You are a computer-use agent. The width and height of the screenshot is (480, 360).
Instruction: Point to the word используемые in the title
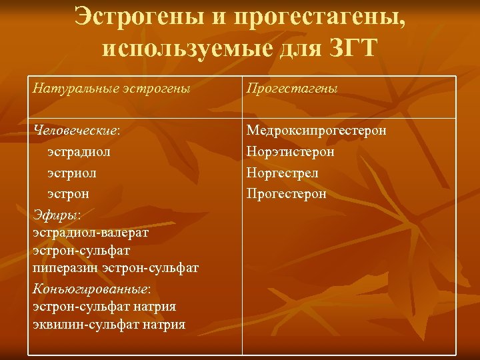pyautogui.click(x=173, y=48)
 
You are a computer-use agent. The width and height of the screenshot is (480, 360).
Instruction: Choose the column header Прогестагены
pyautogui.click(x=292, y=88)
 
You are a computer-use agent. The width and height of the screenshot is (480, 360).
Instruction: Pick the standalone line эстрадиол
pyautogui.click(x=79, y=152)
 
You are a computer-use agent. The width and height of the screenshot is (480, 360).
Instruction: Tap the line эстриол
pyautogui.click(x=72, y=173)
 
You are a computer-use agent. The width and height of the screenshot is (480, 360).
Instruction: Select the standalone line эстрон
pyautogui.click(x=69, y=194)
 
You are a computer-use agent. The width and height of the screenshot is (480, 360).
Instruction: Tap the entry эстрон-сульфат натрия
pyautogui.click(x=104, y=307)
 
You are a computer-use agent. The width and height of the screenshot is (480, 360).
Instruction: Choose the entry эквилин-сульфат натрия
pyautogui.click(x=109, y=325)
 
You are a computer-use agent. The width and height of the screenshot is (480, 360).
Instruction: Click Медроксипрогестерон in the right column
pyautogui.click(x=316, y=131)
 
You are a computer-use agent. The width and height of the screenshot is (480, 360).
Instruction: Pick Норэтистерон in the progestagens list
pyautogui.click(x=291, y=152)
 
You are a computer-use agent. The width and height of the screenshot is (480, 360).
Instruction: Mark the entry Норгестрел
pyautogui.click(x=283, y=173)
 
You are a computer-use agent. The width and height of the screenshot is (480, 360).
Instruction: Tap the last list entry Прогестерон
pyautogui.click(x=287, y=194)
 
